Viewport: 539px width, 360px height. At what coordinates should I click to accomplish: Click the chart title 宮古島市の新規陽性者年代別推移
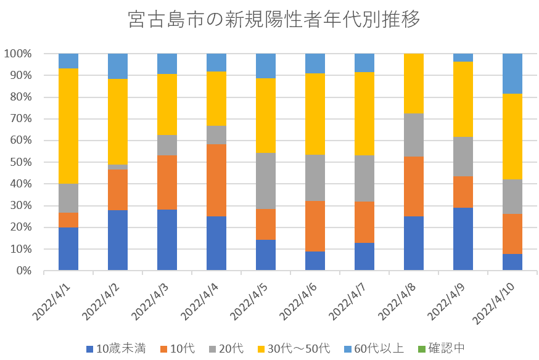[x=274, y=20]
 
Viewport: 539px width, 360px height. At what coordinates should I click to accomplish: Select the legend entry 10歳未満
[x=121, y=348]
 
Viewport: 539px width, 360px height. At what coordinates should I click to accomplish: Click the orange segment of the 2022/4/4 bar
[x=216, y=180]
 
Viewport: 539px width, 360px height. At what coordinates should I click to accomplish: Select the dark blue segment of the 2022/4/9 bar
[x=463, y=239]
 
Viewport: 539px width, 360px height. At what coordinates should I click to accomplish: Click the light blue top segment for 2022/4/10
[x=512, y=73]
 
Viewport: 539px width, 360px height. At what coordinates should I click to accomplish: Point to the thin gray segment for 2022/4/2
[x=118, y=167]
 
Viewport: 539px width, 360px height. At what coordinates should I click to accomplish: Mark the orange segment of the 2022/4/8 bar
[x=414, y=186]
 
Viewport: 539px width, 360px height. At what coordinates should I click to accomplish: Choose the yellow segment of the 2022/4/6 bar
[x=315, y=113]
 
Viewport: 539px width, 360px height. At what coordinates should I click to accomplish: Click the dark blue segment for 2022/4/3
[x=167, y=240]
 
